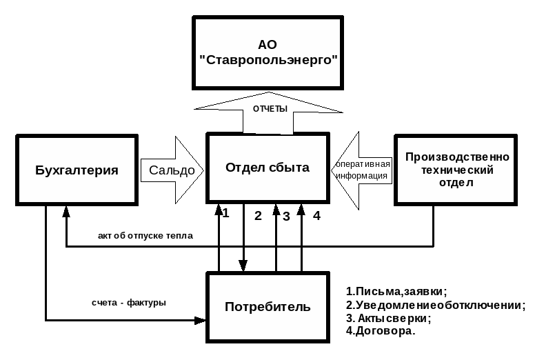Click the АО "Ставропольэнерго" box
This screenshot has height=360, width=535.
click(267, 52)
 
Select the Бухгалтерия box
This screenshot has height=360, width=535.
click(77, 170)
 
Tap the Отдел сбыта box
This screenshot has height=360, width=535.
click(267, 168)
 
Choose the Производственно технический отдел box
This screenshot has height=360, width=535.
click(456, 170)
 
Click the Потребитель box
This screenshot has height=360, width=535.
click(267, 307)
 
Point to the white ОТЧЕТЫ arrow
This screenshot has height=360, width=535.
click(268, 110)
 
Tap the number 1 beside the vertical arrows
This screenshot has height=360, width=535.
click(225, 213)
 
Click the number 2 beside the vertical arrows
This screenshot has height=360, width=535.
click(258, 216)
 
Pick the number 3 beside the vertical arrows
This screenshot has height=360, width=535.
click(286, 217)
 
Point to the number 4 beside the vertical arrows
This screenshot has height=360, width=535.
click(316, 216)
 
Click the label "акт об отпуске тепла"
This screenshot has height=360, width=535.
click(145, 236)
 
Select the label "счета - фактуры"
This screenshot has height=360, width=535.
click(129, 303)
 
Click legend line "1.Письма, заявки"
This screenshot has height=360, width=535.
click(396, 291)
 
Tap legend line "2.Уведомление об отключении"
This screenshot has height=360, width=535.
click(435, 305)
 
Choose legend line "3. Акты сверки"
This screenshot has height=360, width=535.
click(388, 318)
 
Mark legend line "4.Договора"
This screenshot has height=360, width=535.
click(380, 331)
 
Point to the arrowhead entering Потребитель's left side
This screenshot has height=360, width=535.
click(201, 320)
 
